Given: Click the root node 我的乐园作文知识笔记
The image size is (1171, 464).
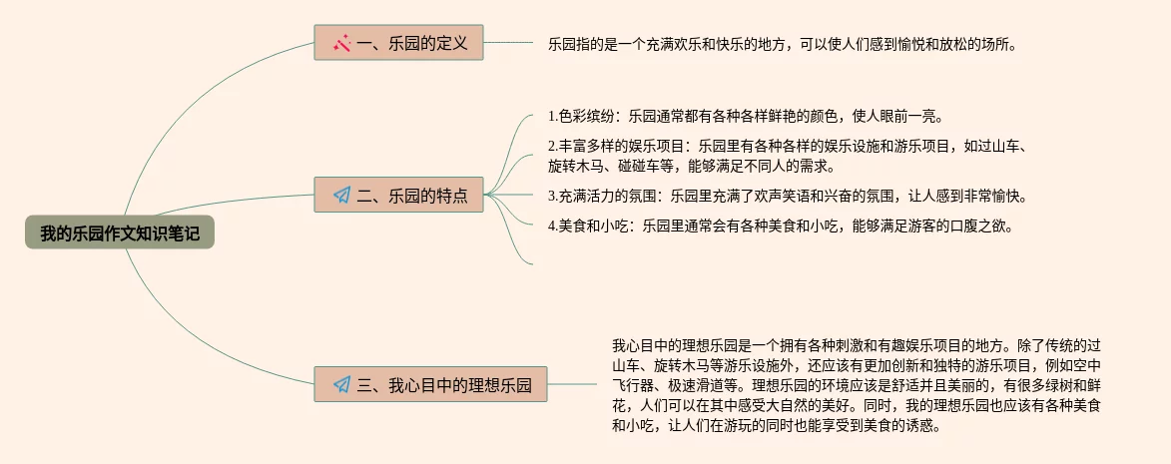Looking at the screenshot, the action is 120,233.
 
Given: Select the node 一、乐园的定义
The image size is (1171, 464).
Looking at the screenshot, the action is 398,43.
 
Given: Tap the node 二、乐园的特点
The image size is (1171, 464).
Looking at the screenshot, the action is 398,195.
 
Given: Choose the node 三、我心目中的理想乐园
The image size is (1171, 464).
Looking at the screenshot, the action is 431,383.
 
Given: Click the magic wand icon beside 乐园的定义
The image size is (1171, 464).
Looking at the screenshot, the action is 341,44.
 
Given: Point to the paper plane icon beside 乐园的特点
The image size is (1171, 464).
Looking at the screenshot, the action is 341,196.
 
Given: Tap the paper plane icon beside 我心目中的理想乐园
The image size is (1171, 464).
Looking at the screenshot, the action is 341,384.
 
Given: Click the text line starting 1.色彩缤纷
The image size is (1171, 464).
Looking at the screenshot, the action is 745,116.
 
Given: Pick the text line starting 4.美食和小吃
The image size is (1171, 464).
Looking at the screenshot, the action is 781,226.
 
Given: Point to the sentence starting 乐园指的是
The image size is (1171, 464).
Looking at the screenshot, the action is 782,44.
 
